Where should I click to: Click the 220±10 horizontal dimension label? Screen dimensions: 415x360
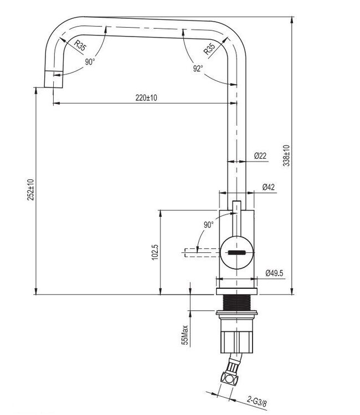146,98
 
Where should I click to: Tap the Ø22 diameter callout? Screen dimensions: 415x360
260,157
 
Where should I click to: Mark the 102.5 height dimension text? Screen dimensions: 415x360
155,252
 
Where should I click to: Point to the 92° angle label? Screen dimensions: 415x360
198,68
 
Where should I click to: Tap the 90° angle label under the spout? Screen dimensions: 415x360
90,62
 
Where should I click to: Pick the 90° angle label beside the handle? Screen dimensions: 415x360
208,225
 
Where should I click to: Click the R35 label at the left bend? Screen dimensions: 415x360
80,46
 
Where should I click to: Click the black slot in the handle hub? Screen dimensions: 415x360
237,252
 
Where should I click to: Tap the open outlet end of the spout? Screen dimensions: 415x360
54,81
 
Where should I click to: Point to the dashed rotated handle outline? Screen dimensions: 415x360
199,252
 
